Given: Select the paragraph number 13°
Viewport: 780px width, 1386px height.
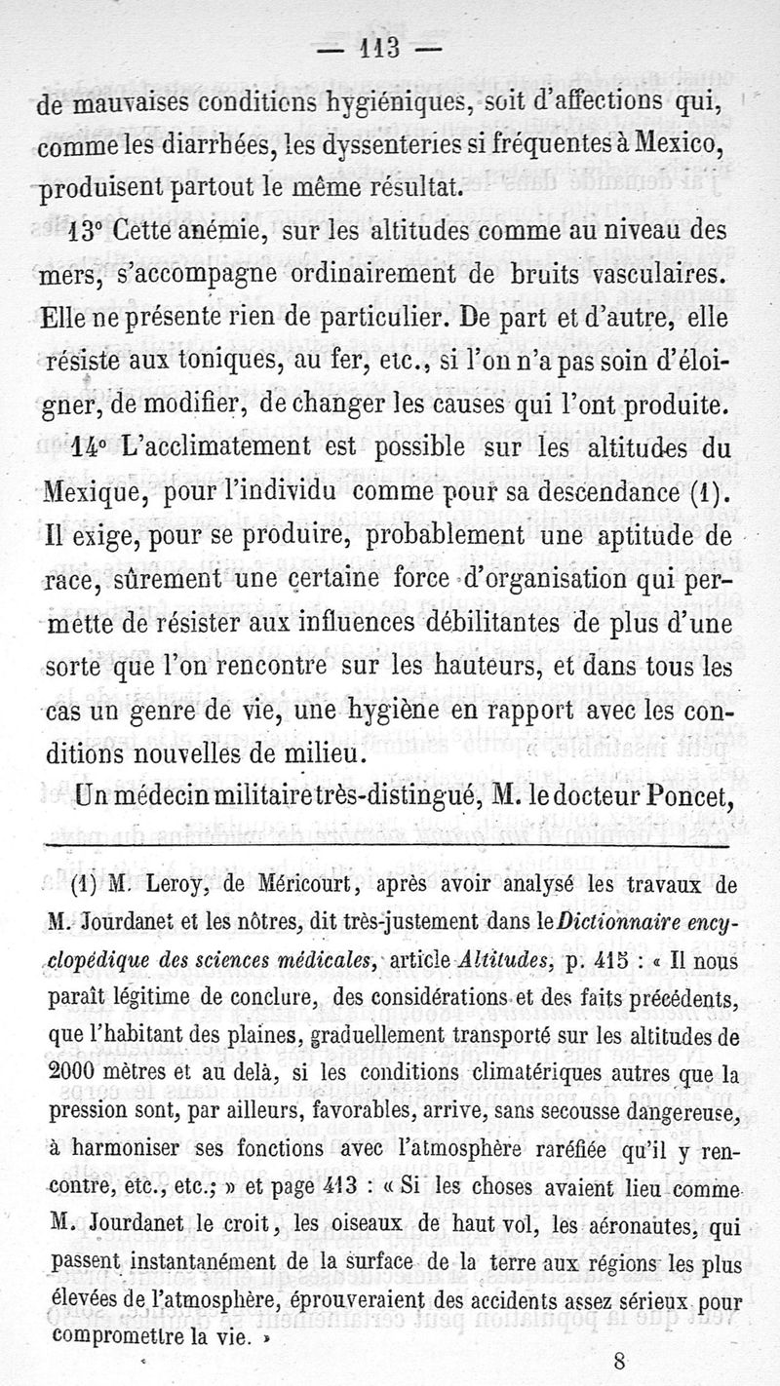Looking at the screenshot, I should (x=90, y=234).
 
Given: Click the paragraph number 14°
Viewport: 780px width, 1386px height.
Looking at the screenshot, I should (x=90, y=444).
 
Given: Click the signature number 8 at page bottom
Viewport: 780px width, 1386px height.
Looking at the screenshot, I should (x=621, y=1361).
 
